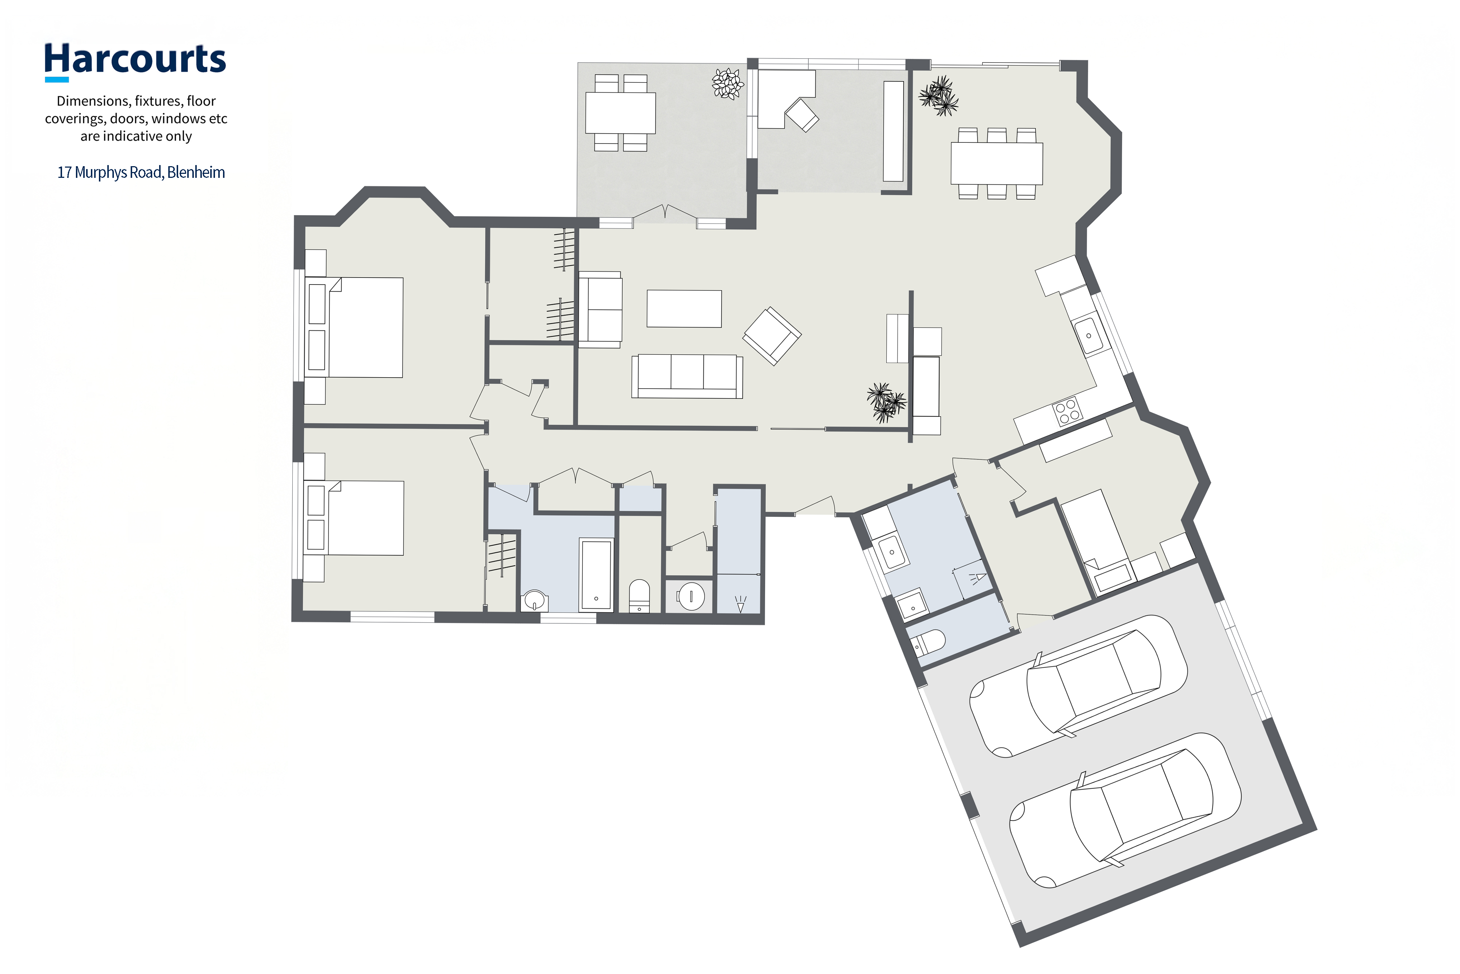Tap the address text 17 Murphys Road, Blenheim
coord(141,172)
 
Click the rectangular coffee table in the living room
coord(684,309)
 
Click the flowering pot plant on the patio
coord(727,84)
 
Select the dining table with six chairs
coord(996,163)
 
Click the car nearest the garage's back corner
coord(1125,811)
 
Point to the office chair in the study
coord(802,115)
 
